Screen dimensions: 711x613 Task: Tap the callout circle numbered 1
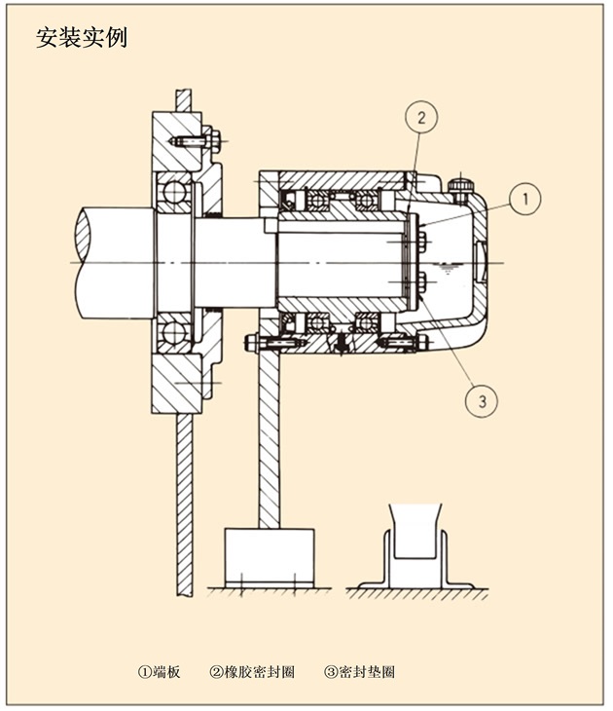pos(523,200)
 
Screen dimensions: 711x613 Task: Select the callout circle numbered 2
pos(420,119)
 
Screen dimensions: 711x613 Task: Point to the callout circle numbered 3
pos(479,398)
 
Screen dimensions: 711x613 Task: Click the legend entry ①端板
pos(159,672)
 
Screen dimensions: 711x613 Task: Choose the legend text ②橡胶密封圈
pos(252,672)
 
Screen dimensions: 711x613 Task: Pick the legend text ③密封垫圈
pos(359,672)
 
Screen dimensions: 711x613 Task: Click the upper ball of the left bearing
pos(174,192)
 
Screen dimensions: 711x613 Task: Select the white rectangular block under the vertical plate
pos(269,556)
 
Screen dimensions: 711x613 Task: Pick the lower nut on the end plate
pos(421,285)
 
